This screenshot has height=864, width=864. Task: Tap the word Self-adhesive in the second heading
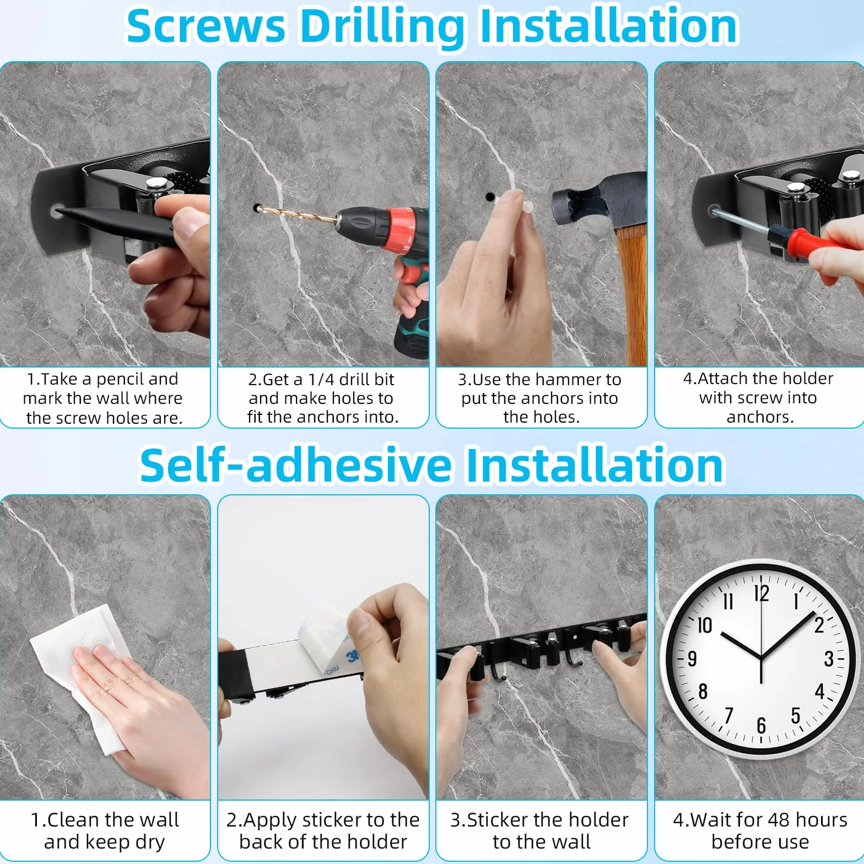click(x=295, y=466)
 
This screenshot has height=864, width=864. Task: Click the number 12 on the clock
click(x=762, y=594)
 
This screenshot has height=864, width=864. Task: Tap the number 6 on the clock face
click(x=761, y=725)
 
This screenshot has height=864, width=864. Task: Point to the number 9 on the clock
click(x=692, y=658)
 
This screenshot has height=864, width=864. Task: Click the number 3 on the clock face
click(x=829, y=658)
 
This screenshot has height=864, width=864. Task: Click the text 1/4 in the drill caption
click(x=321, y=380)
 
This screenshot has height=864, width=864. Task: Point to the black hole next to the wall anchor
click(x=489, y=196)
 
